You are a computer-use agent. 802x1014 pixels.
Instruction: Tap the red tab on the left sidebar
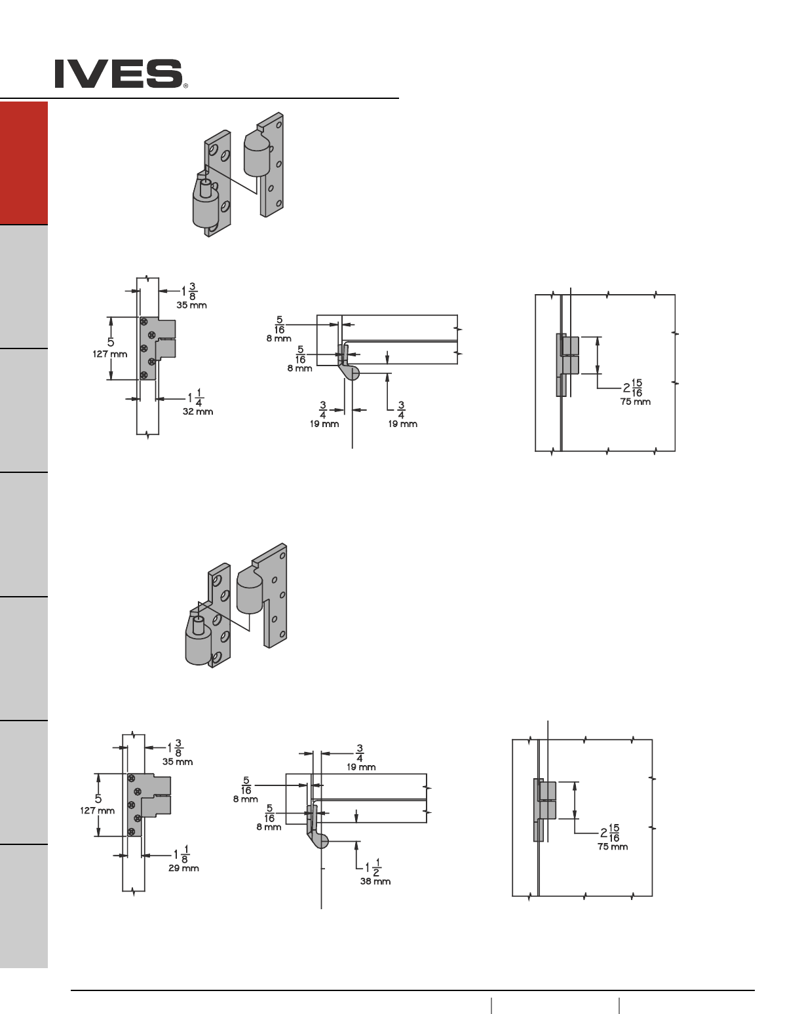click(24, 163)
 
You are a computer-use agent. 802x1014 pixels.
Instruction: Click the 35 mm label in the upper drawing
click(191, 305)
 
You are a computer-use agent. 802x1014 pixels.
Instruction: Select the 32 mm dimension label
click(198, 412)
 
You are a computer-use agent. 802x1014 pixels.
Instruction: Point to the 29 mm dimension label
click(183, 869)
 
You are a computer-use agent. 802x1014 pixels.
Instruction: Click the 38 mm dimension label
click(375, 882)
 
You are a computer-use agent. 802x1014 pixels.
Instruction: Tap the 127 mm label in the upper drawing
click(110, 354)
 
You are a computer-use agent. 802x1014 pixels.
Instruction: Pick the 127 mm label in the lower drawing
click(97, 811)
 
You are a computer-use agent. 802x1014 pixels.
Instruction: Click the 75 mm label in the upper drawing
click(635, 402)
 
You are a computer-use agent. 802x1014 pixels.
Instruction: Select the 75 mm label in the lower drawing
click(613, 847)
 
